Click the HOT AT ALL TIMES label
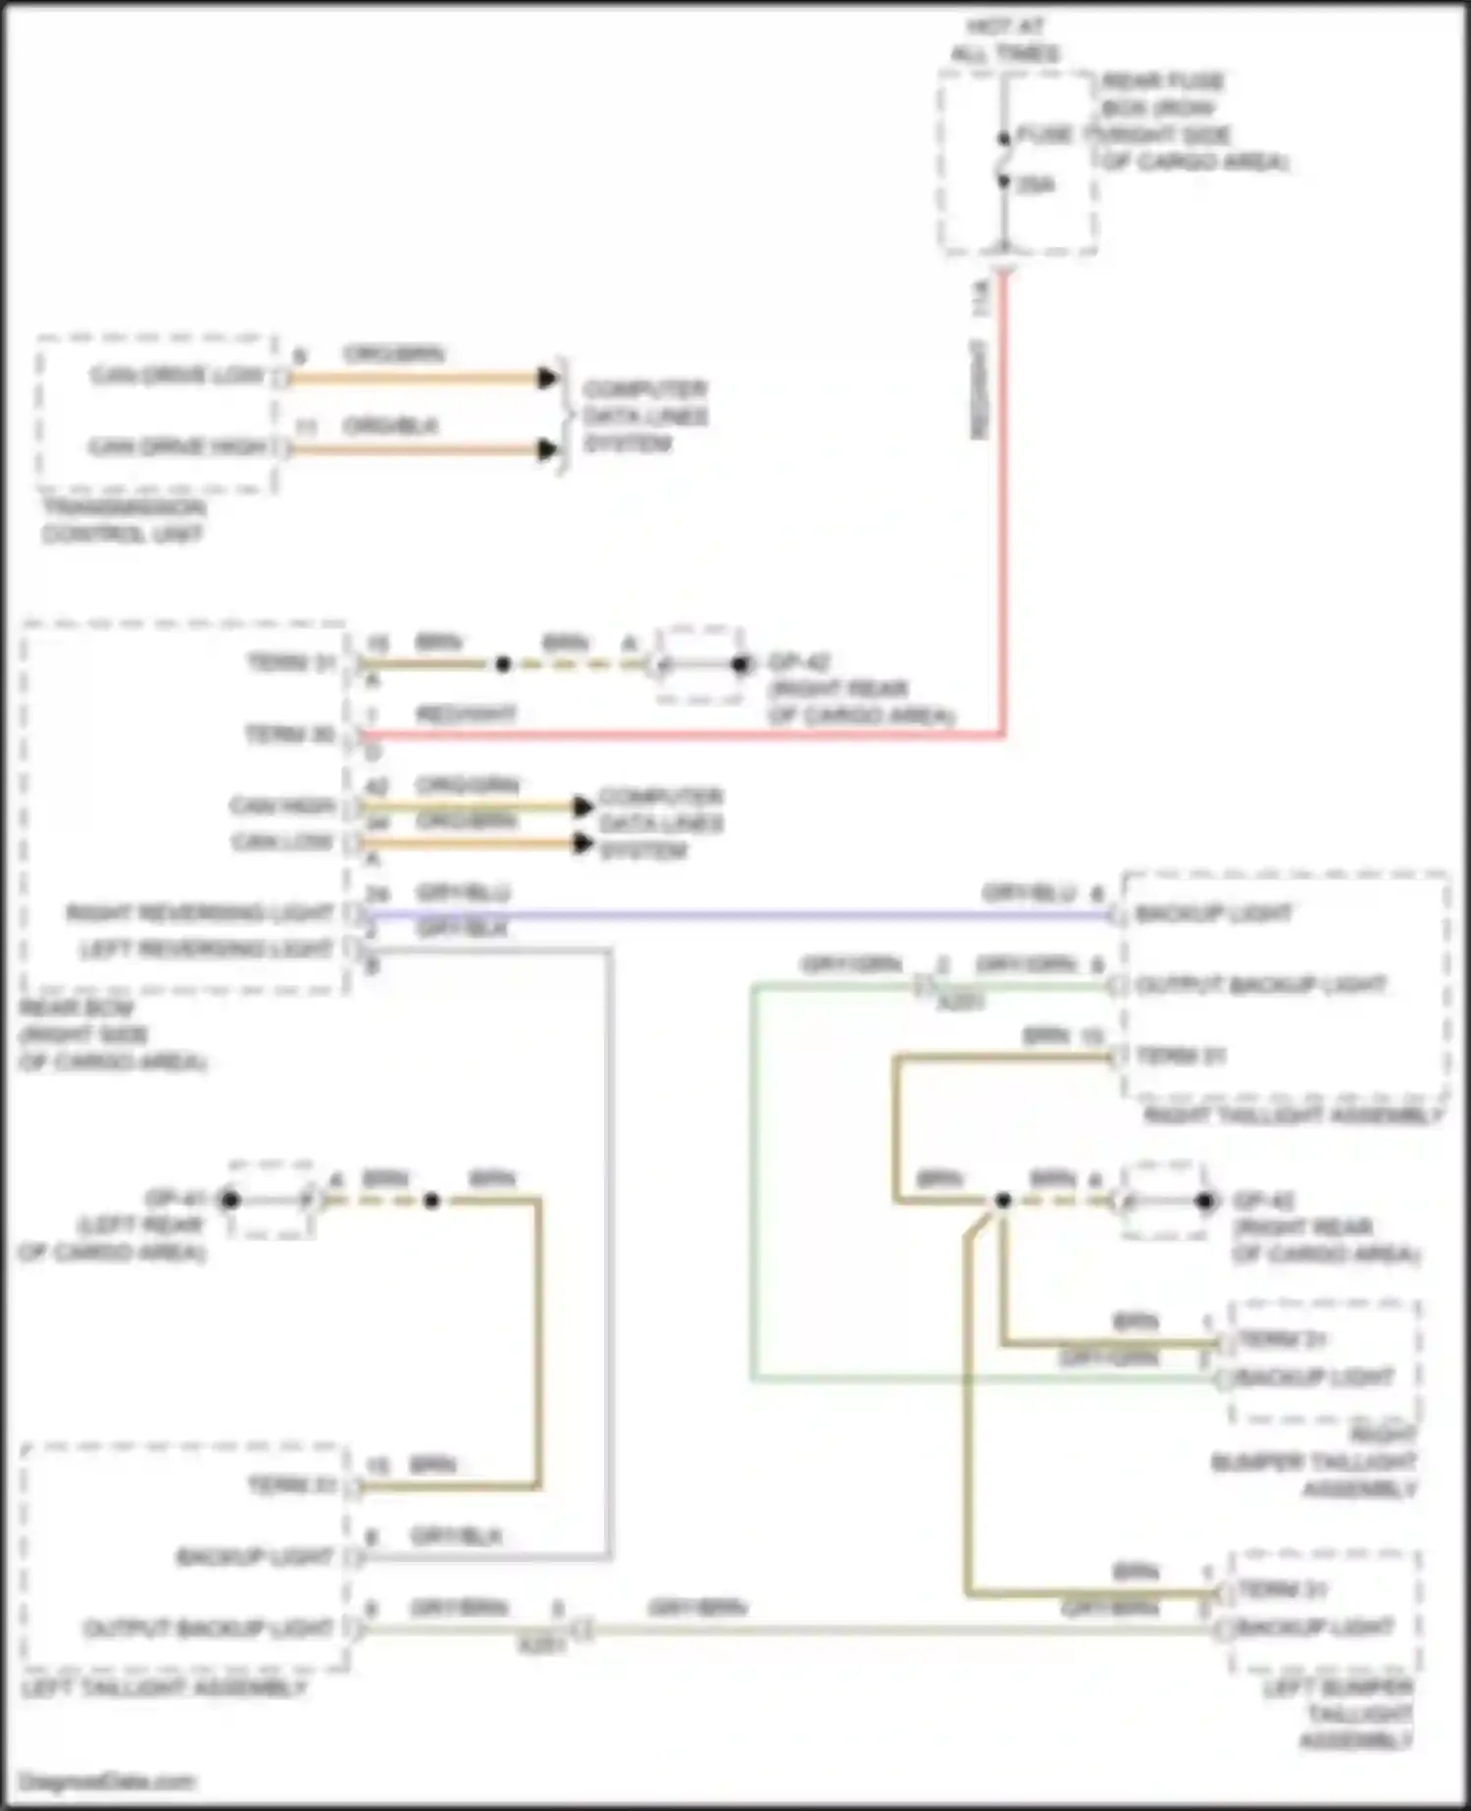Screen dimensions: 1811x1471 tap(1004, 39)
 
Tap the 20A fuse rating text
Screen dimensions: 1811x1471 tap(1036, 183)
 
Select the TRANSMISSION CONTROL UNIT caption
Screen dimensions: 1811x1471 tap(123, 521)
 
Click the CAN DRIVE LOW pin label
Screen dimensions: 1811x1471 tap(178, 376)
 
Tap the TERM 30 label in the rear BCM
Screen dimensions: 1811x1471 tap(290, 734)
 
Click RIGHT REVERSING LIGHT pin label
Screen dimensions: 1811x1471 tap(200, 913)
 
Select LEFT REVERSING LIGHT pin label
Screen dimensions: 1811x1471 tap(206, 949)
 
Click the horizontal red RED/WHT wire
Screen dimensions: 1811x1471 tap(686, 734)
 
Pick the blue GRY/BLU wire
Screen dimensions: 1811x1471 tap(735, 915)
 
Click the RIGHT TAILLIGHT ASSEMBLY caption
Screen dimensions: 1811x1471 tap(1293, 1115)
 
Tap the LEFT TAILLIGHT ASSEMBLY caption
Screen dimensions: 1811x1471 tap(165, 1687)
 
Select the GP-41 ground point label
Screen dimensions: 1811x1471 tap(175, 1198)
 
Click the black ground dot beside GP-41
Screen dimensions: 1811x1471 tap(230, 1199)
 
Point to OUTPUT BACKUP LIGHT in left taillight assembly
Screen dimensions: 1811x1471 tap(208, 1629)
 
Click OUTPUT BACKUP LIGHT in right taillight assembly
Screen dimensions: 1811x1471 tap(1260, 984)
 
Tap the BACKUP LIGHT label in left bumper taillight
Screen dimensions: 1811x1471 tap(1314, 1627)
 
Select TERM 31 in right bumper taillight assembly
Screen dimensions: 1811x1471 tap(1283, 1339)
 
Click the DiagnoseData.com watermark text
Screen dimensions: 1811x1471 tap(107, 1781)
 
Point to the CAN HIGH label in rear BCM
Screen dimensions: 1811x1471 tap(282, 805)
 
